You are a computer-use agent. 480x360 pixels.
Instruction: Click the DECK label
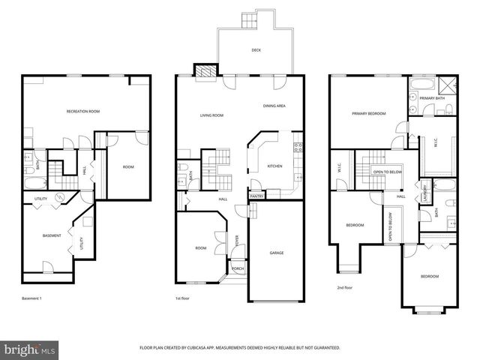(x=256, y=51)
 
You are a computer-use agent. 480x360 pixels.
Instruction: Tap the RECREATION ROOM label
(x=83, y=111)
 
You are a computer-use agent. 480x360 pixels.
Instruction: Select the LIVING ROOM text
(x=211, y=115)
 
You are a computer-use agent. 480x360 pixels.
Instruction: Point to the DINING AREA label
(x=274, y=106)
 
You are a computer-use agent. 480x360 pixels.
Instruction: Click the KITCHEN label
(x=274, y=166)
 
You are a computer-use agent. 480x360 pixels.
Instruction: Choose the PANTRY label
(x=256, y=196)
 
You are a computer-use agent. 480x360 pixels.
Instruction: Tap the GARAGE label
(x=277, y=253)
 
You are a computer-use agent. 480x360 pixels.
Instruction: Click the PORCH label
(x=237, y=268)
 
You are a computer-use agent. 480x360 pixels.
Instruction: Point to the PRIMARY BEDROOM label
(x=369, y=113)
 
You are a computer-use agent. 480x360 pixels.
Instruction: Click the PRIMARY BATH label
(x=432, y=98)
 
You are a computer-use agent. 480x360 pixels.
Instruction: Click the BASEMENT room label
(x=52, y=235)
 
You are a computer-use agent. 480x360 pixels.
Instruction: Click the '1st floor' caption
(x=182, y=298)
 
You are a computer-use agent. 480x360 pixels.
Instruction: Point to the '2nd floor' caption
(x=346, y=286)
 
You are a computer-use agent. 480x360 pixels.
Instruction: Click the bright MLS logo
(x=30, y=349)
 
